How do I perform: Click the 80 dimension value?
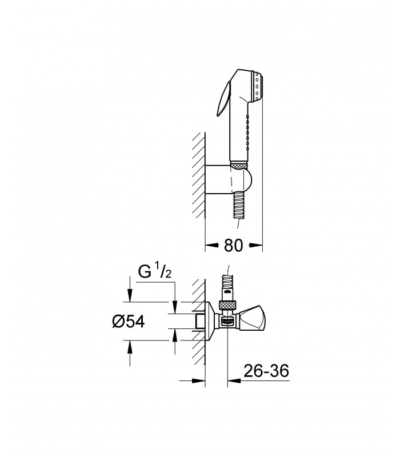[x=233, y=245]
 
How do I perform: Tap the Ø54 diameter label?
[x=128, y=322]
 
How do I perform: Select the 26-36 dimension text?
[x=266, y=371]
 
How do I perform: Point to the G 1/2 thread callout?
[x=154, y=273]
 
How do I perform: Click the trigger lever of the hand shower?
[x=223, y=99]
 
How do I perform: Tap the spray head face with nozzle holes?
[x=258, y=86]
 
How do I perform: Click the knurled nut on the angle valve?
[x=227, y=305]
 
